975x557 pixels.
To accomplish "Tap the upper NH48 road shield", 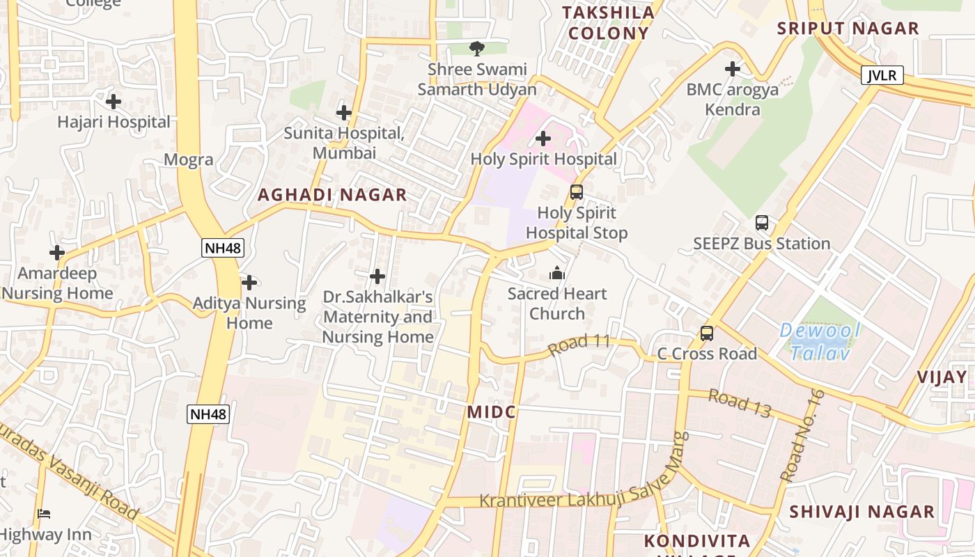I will coord(223,247).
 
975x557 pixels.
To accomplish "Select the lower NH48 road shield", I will coord(208,414).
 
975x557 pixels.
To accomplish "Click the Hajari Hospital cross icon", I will coord(113,102).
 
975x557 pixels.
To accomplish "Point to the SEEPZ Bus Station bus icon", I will coord(762,223).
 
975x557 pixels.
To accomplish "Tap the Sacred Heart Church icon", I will coord(556,274).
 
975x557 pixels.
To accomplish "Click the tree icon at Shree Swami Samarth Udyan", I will coord(477,49).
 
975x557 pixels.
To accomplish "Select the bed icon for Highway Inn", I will coord(44,515).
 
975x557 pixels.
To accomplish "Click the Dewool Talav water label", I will coord(820,341).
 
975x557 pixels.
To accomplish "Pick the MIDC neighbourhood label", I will coord(491,412).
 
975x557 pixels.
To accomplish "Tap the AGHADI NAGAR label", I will coord(332,195).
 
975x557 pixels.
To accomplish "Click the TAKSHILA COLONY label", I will coord(608,23).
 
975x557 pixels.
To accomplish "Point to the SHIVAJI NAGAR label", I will coord(861,512).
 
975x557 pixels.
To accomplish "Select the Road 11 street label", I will coord(579,344).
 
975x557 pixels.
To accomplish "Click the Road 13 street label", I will coord(740,404).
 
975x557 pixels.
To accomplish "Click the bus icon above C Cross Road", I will coord(707,334).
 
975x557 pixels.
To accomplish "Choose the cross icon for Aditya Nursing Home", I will coord(249,283).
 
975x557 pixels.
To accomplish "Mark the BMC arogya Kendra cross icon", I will coord(732,69).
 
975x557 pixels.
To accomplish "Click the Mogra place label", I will coord(188,159).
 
